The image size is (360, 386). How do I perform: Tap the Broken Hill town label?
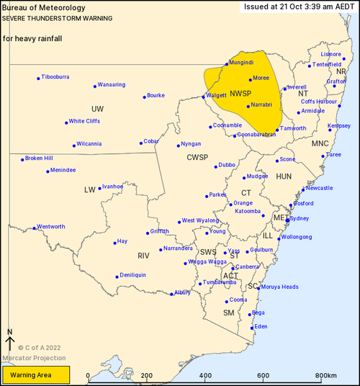click(39, 158)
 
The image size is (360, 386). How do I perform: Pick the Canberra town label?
click(247, 266)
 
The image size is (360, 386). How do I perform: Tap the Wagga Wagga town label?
click(207, 261)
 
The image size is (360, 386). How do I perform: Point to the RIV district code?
click(143, 256)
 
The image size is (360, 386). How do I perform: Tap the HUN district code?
click(284, 176)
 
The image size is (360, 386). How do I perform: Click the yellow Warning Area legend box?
click(35, 375)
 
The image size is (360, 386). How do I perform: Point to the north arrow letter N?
click(9, 332)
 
